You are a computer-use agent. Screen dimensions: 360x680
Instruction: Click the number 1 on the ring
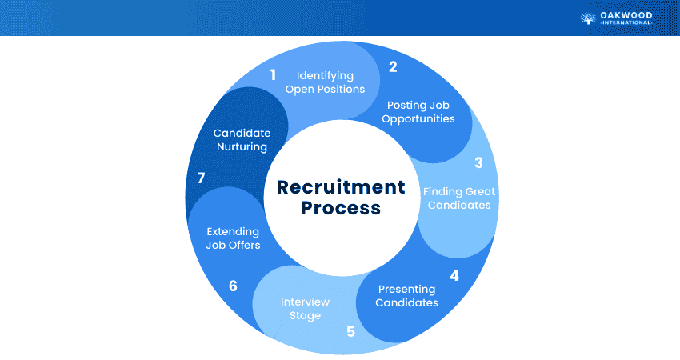(x=273, y=75)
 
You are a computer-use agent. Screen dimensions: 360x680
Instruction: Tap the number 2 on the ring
(x=393, y=67)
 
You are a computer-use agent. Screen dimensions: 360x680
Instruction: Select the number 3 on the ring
(x=478, y=163)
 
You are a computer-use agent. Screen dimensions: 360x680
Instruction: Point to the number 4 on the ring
(x=454, y=276)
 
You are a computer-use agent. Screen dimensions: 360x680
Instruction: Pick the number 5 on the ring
(x=350, y=330)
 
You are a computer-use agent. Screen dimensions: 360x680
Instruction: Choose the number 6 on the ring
(x=233, y=286)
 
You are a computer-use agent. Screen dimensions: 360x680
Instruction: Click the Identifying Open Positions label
(x=325, y=82)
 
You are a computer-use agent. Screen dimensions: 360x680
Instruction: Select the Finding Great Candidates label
(x=458, y=198)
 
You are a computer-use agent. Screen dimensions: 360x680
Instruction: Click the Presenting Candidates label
(x=407, y=296)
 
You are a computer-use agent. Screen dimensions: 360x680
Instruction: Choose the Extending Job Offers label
(x=233, y=238)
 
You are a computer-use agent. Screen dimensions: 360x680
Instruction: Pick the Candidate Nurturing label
(x=241, y=140)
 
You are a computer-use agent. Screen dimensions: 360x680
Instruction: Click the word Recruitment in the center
(x=341, y=187)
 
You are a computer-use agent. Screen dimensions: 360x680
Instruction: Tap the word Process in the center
(x=341, y=210)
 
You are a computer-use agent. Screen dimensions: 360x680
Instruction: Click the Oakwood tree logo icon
(x=588, y=18)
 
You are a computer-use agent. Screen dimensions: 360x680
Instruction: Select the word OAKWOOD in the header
(x=627, y=14)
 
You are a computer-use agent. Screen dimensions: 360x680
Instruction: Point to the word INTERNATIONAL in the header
(x=627, y=24)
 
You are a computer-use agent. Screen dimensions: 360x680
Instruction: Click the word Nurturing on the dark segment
(x=241, y=147)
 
